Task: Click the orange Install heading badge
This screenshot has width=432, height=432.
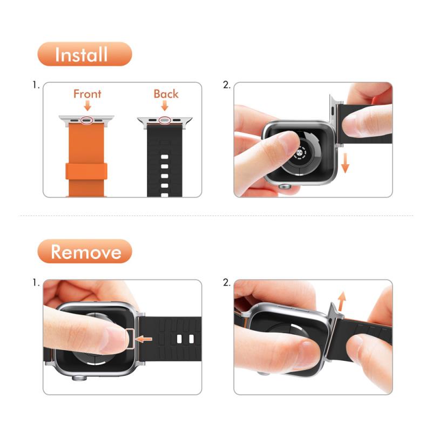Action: [85, 54]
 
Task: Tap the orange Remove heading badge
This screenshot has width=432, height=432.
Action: [85, 251]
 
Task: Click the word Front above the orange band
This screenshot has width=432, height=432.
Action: [87, 94]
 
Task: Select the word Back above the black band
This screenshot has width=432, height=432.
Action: [166, 94]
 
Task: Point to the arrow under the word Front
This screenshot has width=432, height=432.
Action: [87, 105]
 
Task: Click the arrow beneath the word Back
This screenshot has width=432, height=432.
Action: [165, 105]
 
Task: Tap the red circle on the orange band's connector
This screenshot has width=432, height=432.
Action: [86, 120]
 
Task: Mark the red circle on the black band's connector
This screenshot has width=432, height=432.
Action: [165, 120]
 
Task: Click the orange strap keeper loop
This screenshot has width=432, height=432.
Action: [86, 171]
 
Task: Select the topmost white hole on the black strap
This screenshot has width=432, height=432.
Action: [165, 157]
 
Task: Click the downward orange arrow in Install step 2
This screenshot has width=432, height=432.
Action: [345, 163]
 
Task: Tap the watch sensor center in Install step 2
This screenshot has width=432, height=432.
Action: [300, 152]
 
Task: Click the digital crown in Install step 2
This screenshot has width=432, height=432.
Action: [285, 187]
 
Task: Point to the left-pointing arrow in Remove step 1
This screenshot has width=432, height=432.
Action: [144, 339]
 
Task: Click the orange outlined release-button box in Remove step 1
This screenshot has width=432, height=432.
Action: [130, 339]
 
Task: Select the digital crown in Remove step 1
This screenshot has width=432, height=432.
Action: [79, 378]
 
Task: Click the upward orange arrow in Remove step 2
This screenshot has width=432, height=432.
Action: [342, 301]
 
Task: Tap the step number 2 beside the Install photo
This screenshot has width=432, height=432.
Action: [226, 85]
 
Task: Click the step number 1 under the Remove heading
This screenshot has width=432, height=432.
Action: [36, 282]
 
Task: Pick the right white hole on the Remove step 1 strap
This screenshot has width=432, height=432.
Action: [192, 339]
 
